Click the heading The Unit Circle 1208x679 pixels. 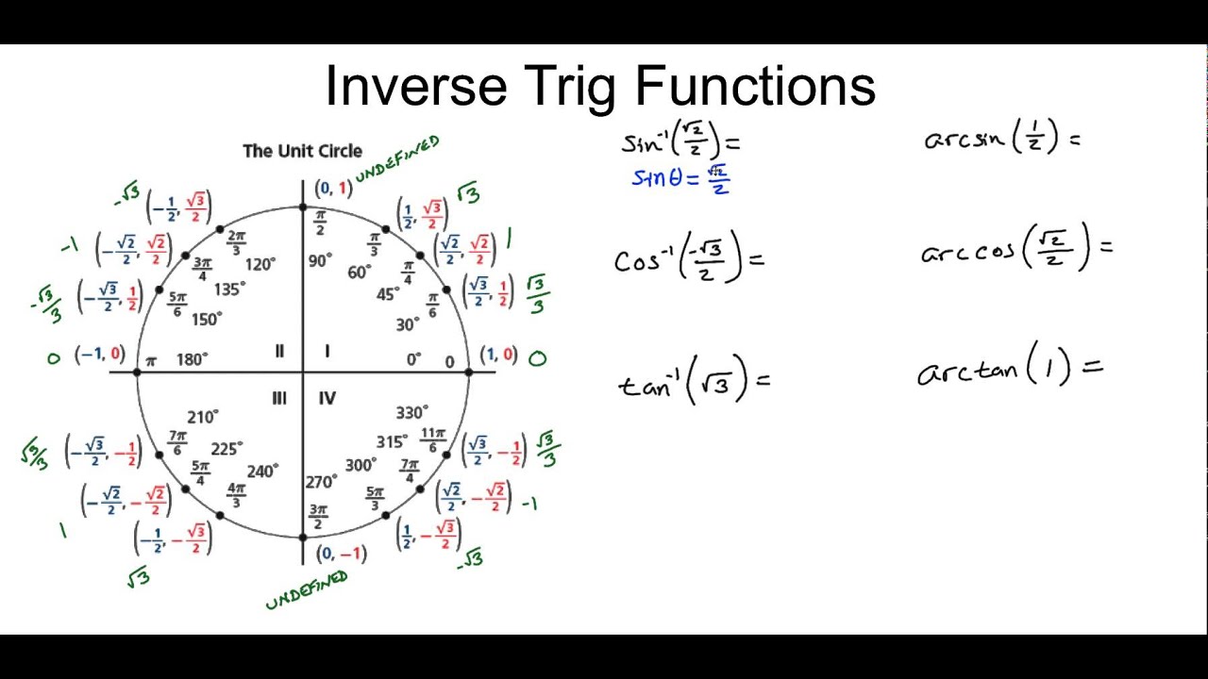[302, 151]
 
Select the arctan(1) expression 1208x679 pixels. [1008, 367]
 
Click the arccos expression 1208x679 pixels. [1015, 248]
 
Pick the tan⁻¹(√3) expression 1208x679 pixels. [694, 380]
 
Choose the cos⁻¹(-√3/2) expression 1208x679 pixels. [688, 257]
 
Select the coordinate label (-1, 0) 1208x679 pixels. [100, 355]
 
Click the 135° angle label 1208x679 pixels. [229, 289]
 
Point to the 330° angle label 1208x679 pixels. [412, 413]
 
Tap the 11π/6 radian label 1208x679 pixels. [432, 439]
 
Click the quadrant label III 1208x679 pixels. [278, 399]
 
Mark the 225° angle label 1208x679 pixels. [226, 449]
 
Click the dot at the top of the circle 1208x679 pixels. [303, 207]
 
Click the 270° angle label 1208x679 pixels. [321, 482]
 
